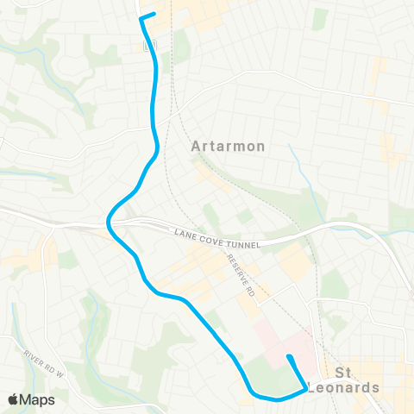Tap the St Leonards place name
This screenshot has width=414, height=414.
[x=355, y=380]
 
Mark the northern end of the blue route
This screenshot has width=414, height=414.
[x=154, y=14]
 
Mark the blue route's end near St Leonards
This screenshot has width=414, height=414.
[x=288, y=357]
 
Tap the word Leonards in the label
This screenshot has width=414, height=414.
[x=355, y=387]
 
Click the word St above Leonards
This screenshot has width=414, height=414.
[x=344, y=373]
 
